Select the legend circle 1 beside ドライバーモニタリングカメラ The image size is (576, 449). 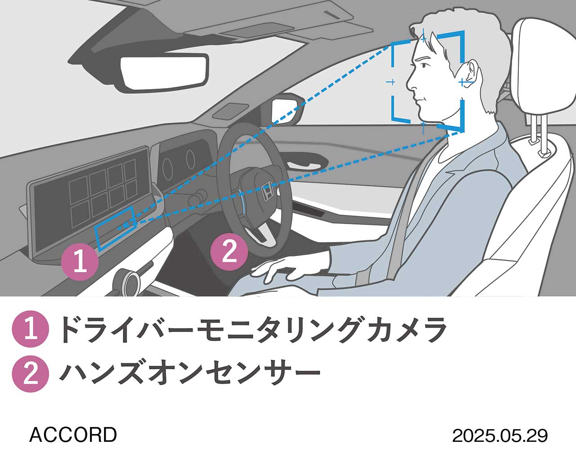click(x=30, y=329)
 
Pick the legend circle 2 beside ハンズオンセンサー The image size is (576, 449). click(x=30, y=373)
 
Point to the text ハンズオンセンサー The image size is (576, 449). click(x=189, y=373)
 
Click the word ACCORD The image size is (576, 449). click(x=73, y=435)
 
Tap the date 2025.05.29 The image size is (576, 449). click(x=499, y=435)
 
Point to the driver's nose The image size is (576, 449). click(x=410, y=82)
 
